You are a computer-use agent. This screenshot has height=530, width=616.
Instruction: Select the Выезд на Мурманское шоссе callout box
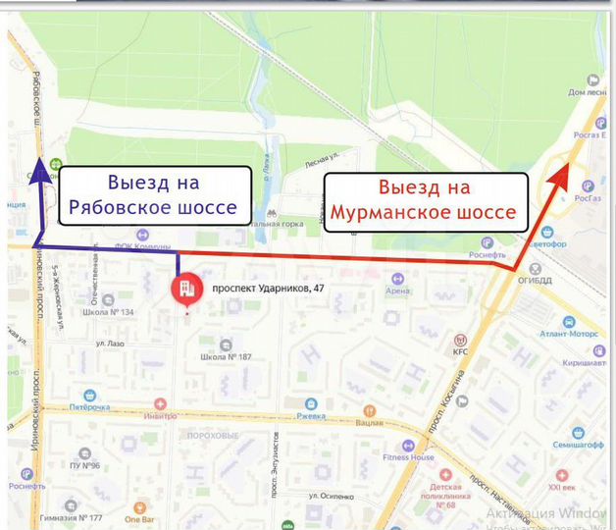424,200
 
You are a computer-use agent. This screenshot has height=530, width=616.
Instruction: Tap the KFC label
460,351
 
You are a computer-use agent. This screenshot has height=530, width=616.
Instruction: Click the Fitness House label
408,457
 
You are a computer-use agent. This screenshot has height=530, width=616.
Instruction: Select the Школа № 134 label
108,312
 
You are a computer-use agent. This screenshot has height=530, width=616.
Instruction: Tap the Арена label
397,291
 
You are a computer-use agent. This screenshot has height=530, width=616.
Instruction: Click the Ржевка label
310,415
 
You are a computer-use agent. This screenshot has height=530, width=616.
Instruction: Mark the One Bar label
139,520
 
